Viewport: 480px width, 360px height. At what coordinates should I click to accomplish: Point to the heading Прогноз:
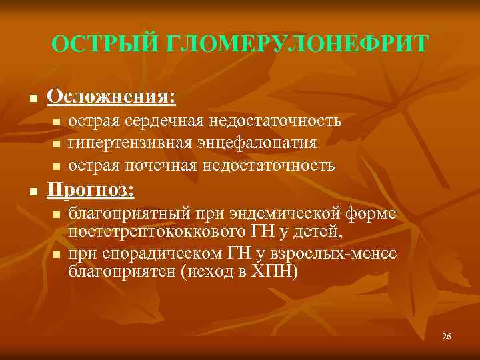pyautogui.click(x=91, y=191)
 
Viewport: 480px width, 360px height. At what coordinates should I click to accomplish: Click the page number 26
pyautogui.click(x=446, y=337)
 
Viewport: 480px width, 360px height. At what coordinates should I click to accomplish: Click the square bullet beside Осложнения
pyautogui.click(x=31, y=99)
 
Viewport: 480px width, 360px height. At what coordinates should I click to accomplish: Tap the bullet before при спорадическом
pyautogui.click(x=57, y=255)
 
